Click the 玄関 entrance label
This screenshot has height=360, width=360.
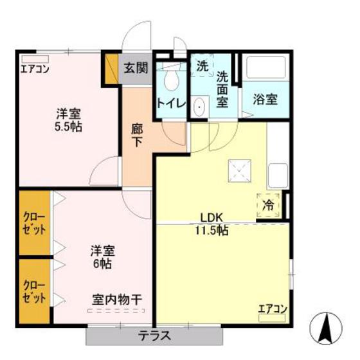(136, 67)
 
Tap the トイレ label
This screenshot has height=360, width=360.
(170, 103)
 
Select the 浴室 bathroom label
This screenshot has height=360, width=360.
(264, 100)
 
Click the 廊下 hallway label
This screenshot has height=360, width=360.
(136, 134)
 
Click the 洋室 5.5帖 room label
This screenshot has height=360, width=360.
(67, 120)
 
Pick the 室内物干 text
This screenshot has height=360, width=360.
(117, 299)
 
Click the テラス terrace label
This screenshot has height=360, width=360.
(154, 336)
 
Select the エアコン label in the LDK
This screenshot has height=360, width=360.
(273, 309)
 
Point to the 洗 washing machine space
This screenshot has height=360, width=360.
(202, 65)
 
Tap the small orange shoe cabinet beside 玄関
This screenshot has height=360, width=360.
(111, 69)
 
